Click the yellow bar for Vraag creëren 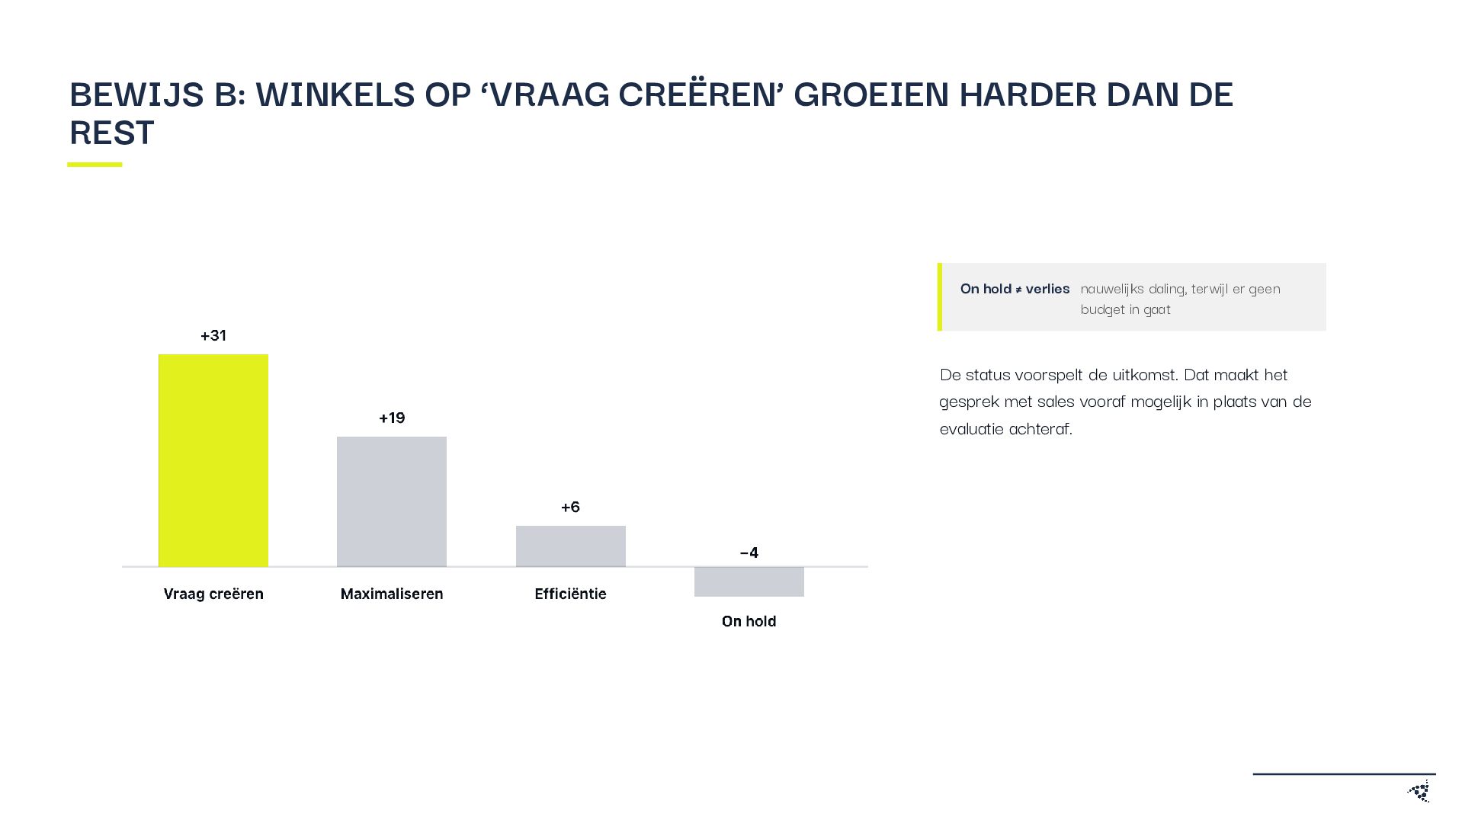pos(213,460)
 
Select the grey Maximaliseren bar pos(392,501)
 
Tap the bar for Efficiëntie pos(571,546)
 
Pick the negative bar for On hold pos(749,581)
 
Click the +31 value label pos(213,335)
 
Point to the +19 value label pos(392,418)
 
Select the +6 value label pos(571,507)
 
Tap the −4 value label pos(749,552)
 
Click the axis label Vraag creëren pos(213,594)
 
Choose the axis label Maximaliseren pos(392,594)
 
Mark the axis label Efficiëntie pos(571,594)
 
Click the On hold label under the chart pos(749,621)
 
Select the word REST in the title pos(112,133)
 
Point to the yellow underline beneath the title pos(95,164)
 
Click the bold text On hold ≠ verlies pos(1015,289)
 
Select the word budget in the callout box pos(1102,309)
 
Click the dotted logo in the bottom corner pos(1419,791)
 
